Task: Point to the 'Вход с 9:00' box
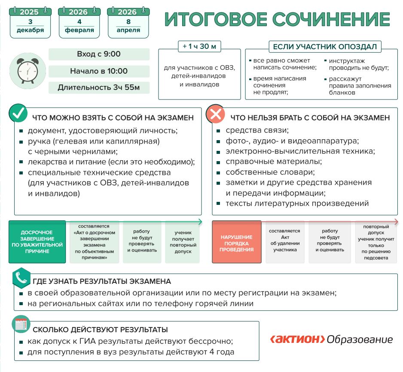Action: pos(99,54)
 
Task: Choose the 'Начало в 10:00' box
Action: pos(99,71)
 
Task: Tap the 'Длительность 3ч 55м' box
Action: pos(99,88)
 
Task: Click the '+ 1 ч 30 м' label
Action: pos(199,46)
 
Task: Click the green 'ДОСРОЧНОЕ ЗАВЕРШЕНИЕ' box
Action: pos(37,242)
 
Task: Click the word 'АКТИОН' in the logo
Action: pos(297,339)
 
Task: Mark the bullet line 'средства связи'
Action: pos(257,130)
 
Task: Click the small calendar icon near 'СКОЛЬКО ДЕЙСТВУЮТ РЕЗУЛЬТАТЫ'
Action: pos(21,324)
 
